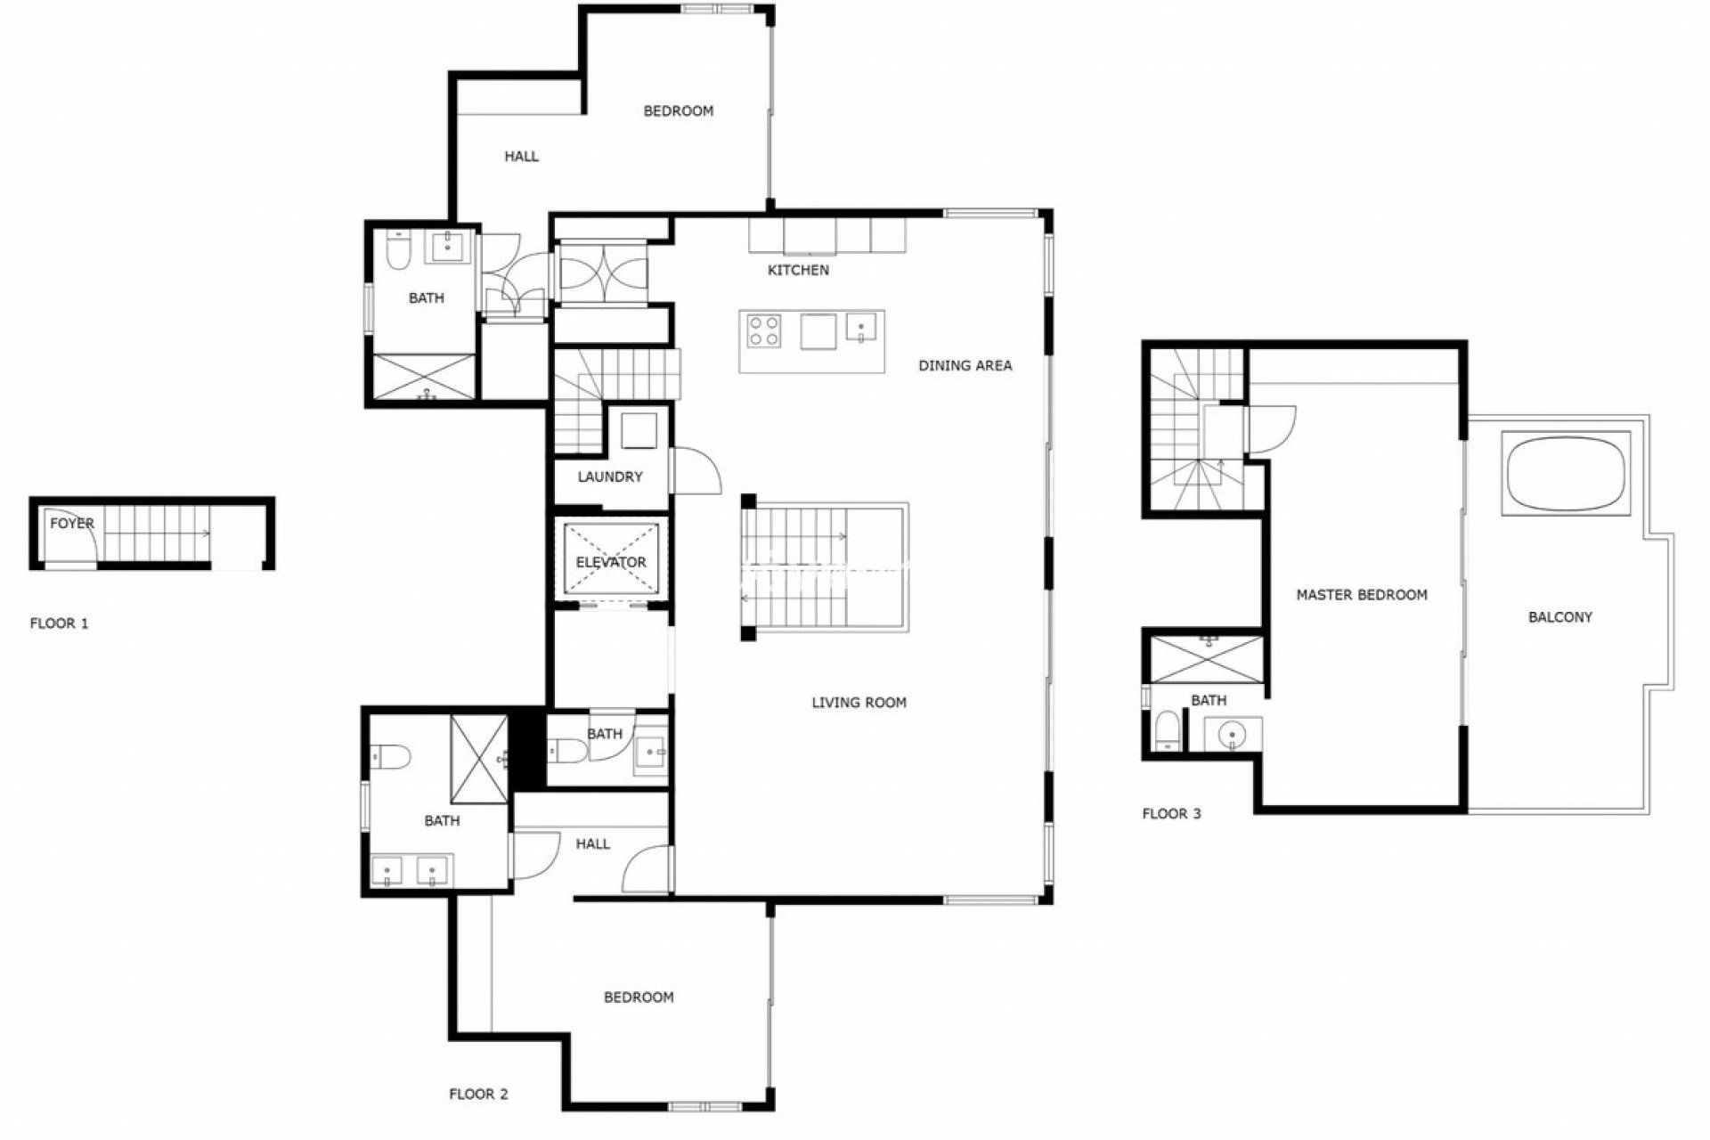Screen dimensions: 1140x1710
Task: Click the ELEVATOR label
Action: coord(611,562)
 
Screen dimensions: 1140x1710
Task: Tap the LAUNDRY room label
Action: coord(610,476)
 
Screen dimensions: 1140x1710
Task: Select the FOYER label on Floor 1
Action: coord(71,523)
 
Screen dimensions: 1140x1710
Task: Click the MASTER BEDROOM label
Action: coord(1362,594)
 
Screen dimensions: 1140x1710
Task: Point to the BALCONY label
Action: coord(1560,616)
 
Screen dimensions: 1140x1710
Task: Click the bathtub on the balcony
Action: coord(1567,473)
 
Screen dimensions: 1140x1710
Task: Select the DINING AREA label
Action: coord(965,365)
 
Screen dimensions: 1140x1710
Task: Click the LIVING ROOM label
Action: coord(859,702)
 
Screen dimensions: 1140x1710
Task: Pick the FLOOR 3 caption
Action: coord(1171,813)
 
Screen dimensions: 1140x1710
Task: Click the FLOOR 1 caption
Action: coord(59,623)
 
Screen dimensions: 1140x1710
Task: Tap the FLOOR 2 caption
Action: coord(478,1094)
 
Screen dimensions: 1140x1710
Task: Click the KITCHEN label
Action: coord(798,270)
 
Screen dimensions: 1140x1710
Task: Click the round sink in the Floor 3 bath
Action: coord(1234,735)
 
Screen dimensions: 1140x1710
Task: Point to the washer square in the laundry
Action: coord(638,430)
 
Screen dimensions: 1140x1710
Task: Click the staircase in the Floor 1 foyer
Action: coord(156,533)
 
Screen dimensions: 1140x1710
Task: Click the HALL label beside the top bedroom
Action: coord(521,157)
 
